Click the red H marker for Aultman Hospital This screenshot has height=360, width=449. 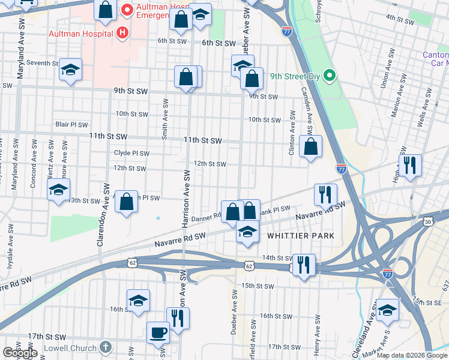(x=122, y=32)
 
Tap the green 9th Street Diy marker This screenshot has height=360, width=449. (x=328, y=76)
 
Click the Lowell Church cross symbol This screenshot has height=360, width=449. (x=105, y=347)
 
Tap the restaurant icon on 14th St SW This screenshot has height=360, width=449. (x=304, y=265)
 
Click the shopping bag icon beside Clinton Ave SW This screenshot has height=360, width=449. (x=310, y=146)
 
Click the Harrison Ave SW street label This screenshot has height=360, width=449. (x=186, y=198)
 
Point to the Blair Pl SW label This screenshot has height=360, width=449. (x=71, y=125)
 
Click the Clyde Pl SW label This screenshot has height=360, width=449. (x=131, y=153)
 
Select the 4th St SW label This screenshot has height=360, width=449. (x=400, y=19)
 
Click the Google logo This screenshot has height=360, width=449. (x=20, y=353)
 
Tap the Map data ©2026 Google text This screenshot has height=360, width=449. (x=412, y=355)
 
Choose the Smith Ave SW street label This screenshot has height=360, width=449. (x=165, y=119)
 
